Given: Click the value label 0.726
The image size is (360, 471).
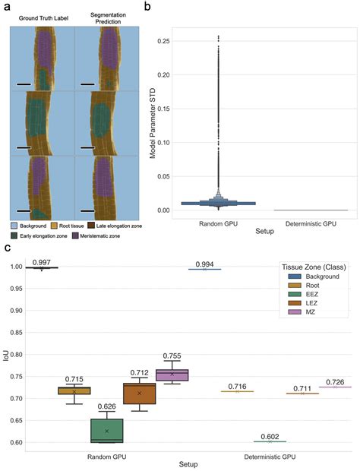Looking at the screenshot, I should [336, 381].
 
